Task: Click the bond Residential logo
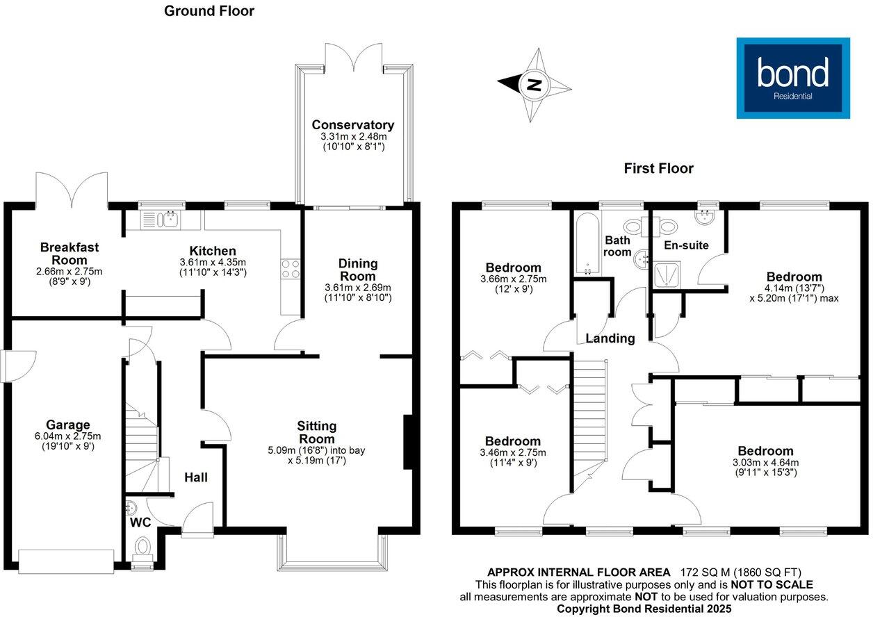click(x=792, y=78)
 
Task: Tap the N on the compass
click(x=534, y=85)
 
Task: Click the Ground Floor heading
click(x=209, y=11)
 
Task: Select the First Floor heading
click(x=658, y=168)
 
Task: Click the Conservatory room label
click(x=352, y=125)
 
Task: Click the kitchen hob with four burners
click(x=290, y=268)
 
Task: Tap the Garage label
click(x=68, y=425)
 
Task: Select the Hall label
click(x=195, y=477)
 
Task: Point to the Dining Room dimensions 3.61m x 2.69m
click(x=358, y=288)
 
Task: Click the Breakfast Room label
click(x=69, y=253)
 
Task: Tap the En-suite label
click(x=686, y=245)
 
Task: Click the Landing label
click(x=610, y=338)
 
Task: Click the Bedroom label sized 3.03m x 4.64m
click(x=765, y=451)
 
